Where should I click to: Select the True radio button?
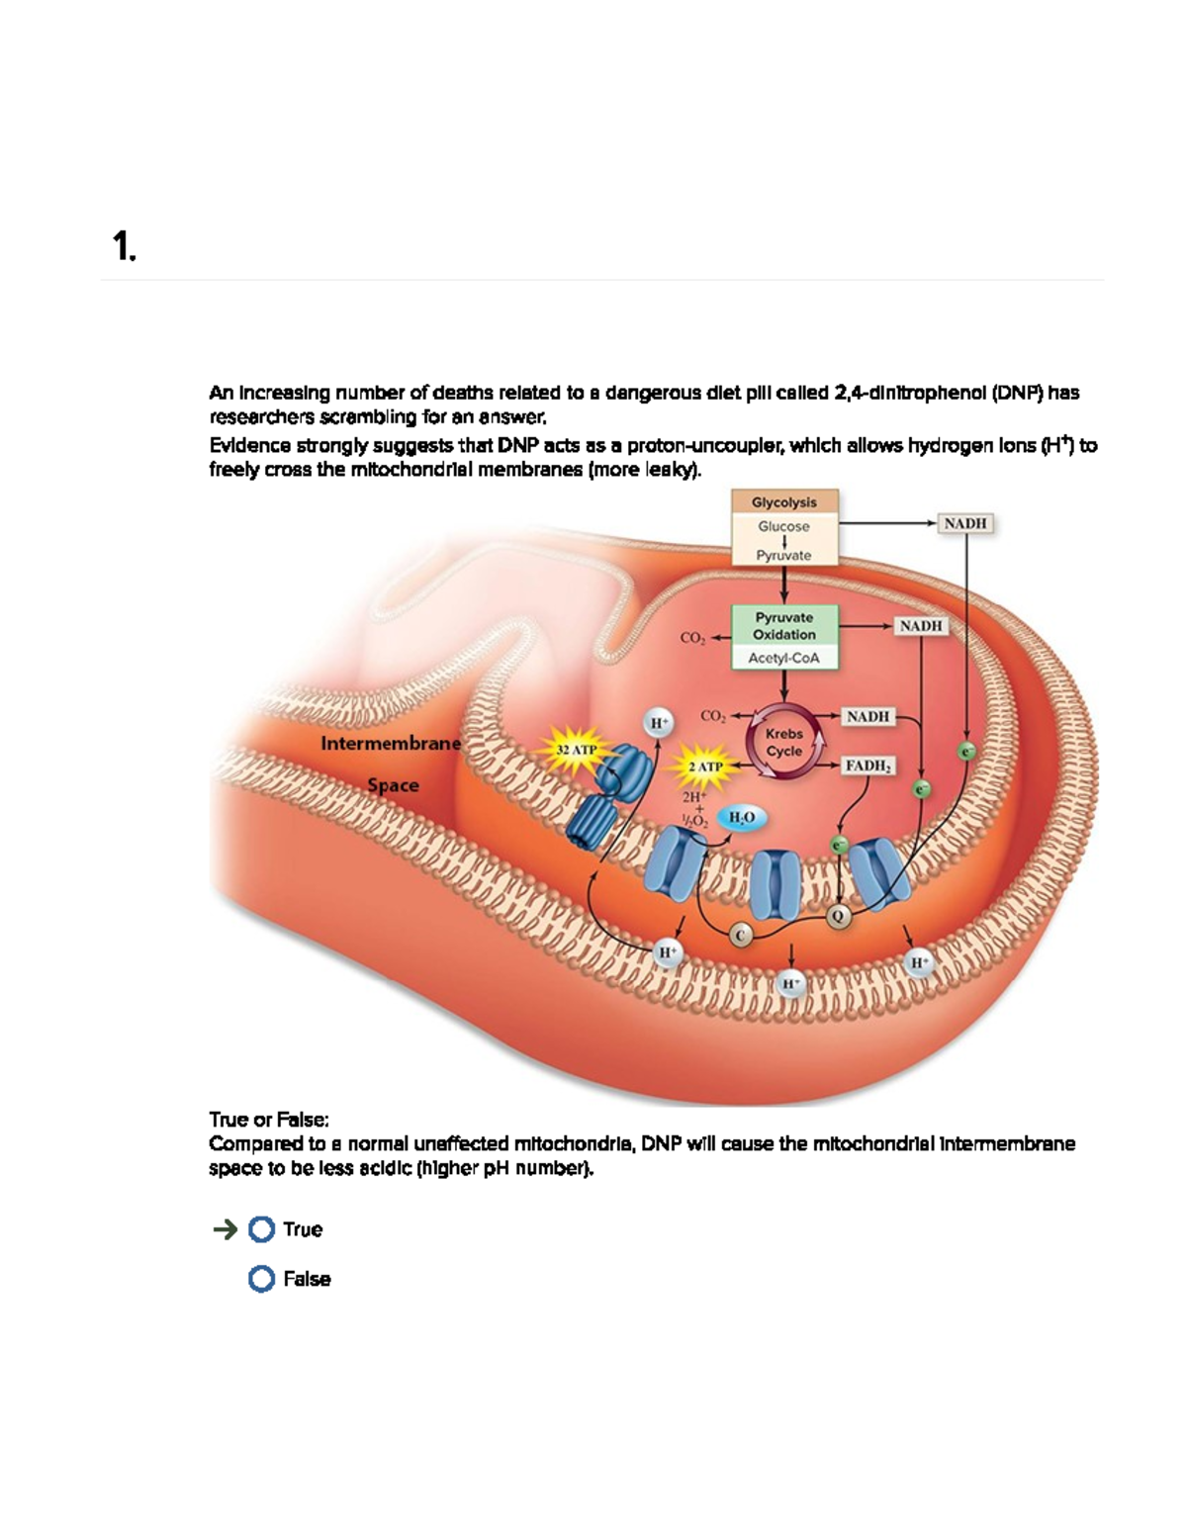261,1229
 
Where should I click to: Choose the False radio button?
261,1279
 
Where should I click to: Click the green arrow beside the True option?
225,1229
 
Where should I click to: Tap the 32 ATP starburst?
577,750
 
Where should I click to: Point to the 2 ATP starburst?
705,767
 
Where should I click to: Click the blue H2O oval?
741,817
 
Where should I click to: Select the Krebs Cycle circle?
783,742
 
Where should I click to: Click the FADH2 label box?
868,766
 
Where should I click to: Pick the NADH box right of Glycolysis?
965,522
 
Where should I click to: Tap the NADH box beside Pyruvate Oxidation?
921,625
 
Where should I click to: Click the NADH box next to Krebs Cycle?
867,716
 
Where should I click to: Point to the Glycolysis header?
784,501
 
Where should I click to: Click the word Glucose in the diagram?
784,526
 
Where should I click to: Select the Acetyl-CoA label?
784,658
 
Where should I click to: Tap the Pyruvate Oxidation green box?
784,626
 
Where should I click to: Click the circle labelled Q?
839,916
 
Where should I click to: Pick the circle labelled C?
741,935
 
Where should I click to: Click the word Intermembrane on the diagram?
391,743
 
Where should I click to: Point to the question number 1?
123,245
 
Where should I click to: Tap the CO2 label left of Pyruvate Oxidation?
692,638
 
